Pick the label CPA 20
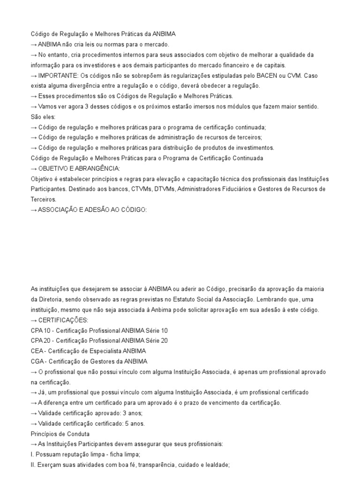(41, 341)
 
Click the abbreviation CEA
(37, 351)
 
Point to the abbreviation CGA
(37, 361)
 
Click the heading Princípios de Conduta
(60, 434)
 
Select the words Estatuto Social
(200, 300)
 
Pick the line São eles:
(43, 117)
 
